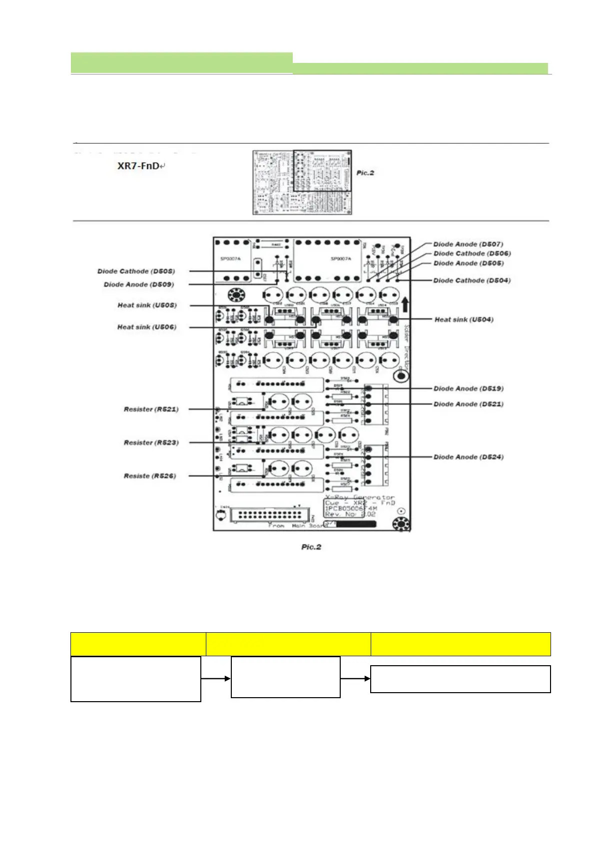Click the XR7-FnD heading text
coord(138,166)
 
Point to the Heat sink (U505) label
coord(147,305)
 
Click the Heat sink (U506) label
coord(147,327)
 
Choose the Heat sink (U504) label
coord(464,320)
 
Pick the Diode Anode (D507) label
coord(468,244)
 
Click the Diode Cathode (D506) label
coord(472,253)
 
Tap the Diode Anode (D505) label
coord(469,263)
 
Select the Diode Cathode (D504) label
coord(472,280)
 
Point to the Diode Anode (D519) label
coord(469,389)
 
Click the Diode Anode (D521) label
coord(469,404)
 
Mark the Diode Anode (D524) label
coord(469,457)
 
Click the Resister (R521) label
coord(151,409)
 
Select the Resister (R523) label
coord(151,442)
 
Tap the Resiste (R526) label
coord(150,476)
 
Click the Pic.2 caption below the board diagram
coord(311,547)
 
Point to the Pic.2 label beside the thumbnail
coord(365,173)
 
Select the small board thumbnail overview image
coord(302,182)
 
